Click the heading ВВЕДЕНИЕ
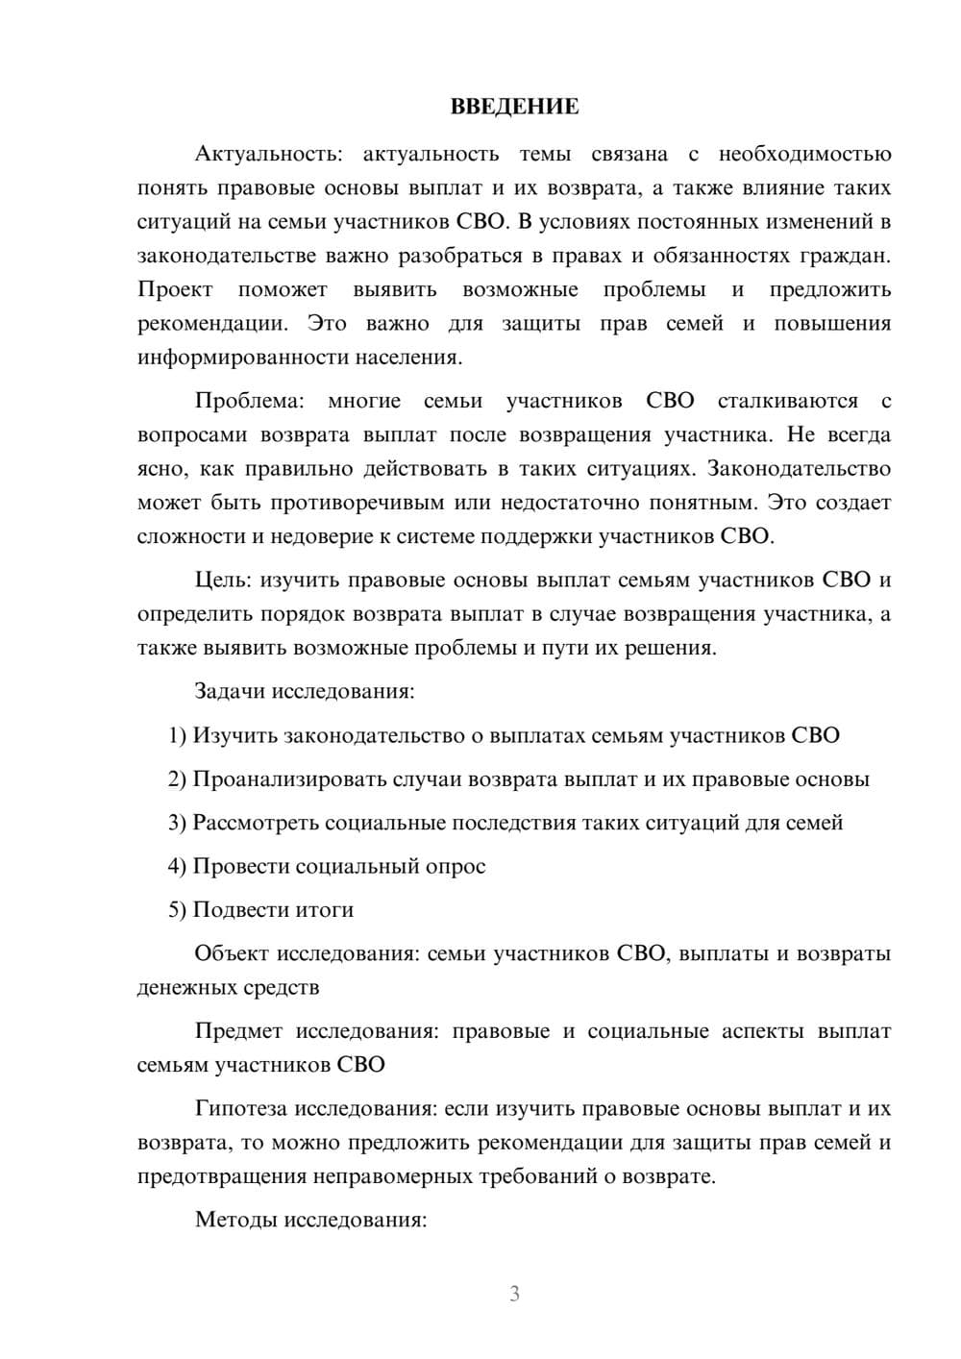514,107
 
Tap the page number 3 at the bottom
514,1294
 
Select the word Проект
175,290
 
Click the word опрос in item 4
455,866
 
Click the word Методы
233,1220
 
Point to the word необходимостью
804,154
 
